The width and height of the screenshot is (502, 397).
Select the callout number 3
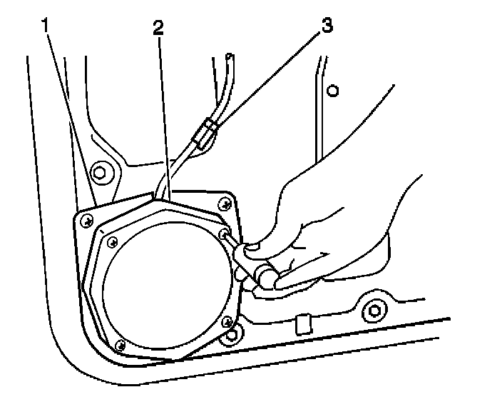pos(326,26)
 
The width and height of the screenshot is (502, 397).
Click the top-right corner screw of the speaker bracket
pos(225,203)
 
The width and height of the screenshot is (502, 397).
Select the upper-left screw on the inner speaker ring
pos(111,241)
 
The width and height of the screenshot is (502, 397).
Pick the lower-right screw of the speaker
pos(227,323)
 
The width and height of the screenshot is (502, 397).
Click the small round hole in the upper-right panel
pos(332,91)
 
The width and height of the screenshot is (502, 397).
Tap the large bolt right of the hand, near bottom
pos(372,311)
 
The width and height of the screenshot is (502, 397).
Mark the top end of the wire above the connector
pos(228,54)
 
